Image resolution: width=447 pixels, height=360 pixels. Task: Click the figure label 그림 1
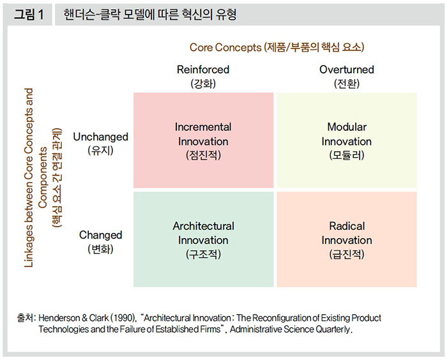29,14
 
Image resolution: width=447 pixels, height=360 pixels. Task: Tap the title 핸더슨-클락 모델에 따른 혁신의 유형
150,15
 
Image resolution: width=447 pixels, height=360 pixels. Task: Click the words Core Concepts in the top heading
225,47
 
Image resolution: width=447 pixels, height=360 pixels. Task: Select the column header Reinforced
203,70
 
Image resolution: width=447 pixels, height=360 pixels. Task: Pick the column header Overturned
347,70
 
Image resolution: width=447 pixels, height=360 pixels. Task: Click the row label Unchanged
101,137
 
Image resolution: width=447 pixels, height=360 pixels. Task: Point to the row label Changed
101,235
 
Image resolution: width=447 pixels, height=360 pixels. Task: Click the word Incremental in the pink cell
203,127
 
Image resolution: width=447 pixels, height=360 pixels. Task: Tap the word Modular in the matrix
347,127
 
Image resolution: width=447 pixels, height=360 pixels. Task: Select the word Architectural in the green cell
203,226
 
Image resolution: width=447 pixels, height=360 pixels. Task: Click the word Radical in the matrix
347,226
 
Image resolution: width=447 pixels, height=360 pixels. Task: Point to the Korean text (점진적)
203,155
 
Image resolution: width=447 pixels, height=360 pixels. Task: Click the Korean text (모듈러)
347,155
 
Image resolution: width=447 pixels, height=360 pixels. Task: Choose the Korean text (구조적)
203,254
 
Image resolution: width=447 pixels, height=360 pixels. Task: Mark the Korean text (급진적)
347,254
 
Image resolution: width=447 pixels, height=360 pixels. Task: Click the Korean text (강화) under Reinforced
203,84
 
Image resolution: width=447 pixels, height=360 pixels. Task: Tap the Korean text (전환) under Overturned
347,84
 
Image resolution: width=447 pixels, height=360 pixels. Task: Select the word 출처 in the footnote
25,317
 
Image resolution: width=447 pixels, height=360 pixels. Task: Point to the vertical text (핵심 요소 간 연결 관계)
57,177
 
